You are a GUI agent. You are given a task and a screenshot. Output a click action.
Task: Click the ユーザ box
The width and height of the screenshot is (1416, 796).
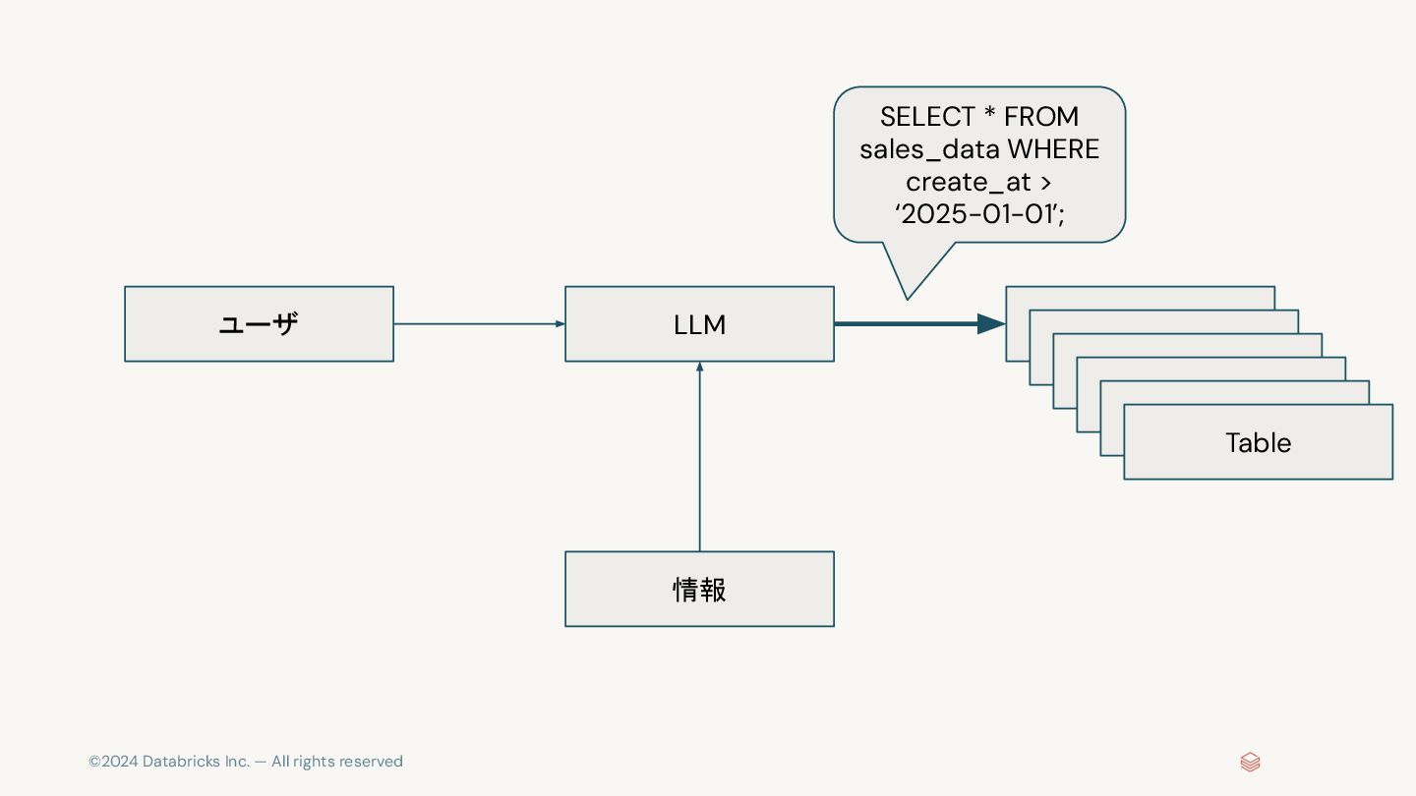[259, 324]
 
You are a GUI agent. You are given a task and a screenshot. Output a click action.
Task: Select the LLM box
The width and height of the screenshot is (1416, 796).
[699, 324]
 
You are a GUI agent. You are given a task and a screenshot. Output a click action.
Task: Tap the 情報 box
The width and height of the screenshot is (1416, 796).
[699, 589]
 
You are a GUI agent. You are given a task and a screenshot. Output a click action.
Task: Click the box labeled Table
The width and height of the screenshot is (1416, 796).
[1258, 442]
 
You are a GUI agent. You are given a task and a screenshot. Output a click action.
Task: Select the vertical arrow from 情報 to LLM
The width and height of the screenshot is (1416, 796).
[699, 457]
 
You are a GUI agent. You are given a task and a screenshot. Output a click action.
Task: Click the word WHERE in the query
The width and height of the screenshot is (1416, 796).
[1051, 149]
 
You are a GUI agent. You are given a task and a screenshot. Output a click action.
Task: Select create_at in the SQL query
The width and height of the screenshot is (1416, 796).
[968, 182]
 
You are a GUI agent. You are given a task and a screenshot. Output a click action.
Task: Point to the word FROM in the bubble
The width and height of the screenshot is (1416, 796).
[1041, 117]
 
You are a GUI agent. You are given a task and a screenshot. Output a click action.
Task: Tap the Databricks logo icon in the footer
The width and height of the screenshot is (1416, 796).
[1250, 762]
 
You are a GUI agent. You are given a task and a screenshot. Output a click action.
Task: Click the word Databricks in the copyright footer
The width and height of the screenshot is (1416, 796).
[182, 762]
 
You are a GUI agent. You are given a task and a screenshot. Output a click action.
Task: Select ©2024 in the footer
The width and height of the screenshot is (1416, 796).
[113, 762]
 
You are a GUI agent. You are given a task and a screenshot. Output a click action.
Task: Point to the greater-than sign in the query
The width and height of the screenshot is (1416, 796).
[1046, 182]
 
